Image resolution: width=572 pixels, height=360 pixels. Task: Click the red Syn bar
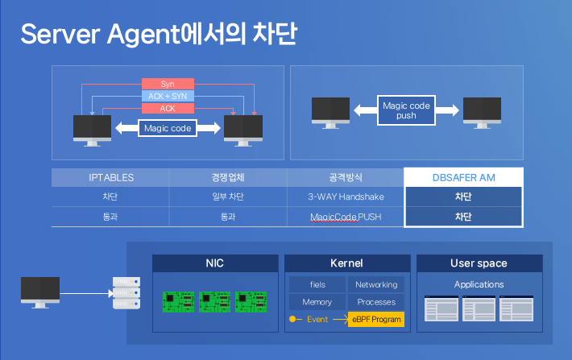pyautogui.click(x=168, y=84)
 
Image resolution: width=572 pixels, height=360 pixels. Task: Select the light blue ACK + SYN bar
pyautogui.click(x=168, y=96)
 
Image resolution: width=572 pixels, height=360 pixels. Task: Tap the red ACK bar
pyautogui.click(x=168, y=108)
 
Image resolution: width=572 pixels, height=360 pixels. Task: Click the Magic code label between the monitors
pyautogui.click(x=168, y=127)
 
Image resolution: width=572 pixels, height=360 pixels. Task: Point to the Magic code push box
pyautogui.click(x=406, y=110)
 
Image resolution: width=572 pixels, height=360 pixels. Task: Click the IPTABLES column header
pyautogui.click(x=110, y=177)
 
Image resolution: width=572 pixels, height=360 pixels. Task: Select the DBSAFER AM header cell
pyautogui.click(x=463, y=177)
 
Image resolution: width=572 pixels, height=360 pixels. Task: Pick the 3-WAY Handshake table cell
pyautogui.click(x=346, y=197)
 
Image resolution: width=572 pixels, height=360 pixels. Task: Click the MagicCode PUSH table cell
pyautogui.click(x=346, y=217)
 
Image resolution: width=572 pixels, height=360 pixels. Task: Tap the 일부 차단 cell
pyautogui.click(x=228, y=197)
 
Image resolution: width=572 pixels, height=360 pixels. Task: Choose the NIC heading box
pyautogui.click(x=215, y=263)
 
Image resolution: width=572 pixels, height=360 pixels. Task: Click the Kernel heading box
pyautogui.click(x=346, y=263)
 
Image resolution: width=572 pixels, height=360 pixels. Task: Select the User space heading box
pyautogui.click(x=479, y=263)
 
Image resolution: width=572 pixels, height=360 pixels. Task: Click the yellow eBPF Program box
pyautogui.click(x=376, y=320)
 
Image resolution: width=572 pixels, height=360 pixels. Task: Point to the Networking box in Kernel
pyautogui.click(x=376, y=284)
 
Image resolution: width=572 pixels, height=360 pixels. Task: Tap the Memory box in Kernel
pyautogui.click(x=317, y=302)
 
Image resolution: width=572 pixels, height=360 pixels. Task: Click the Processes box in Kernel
pyautogui.click(x=376, y=302)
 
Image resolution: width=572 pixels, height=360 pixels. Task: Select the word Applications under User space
pyautogui.click(x=479, y=284)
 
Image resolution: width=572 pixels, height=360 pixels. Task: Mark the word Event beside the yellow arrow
pyautogui.click(x=317, y=320)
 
